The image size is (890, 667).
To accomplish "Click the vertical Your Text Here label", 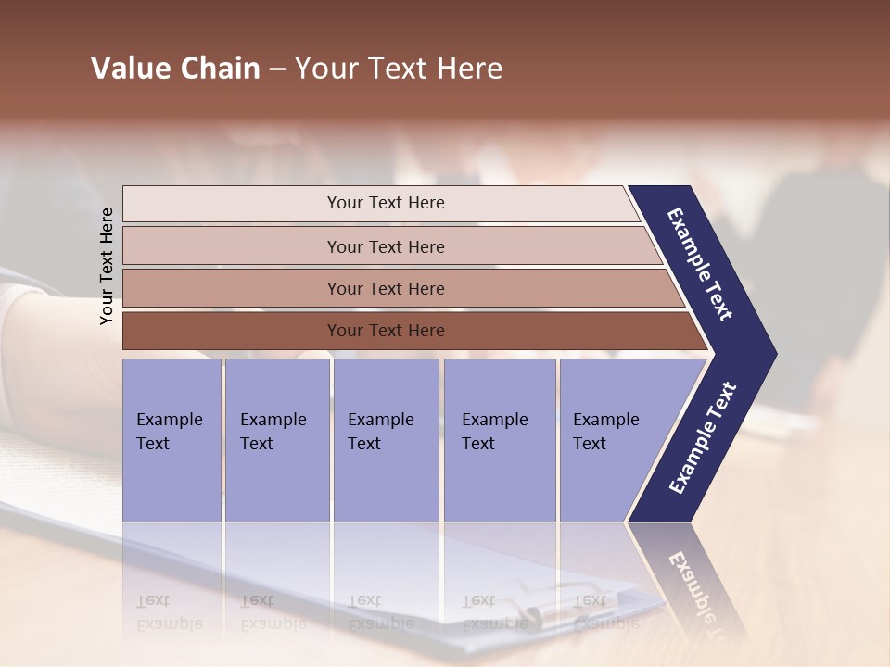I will pyautogui.click(x=107, y=267).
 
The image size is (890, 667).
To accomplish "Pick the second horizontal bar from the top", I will pyautogui.click(x=385, y=246).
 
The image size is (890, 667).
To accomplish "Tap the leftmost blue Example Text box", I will pyautogui.click(x=172, y=440).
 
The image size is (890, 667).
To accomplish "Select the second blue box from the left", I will pyautogui.click(x=276, y=440).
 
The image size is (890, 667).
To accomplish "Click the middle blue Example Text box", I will pyautogui.click(x=386, y=440).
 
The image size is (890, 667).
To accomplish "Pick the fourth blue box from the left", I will pyautogui.click(x=499, y=440).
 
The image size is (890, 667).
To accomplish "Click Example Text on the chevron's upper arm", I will pyautogui.click(x=701, y=264).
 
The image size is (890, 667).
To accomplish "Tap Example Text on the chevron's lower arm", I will pyautogui.click(x=703, y=438).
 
